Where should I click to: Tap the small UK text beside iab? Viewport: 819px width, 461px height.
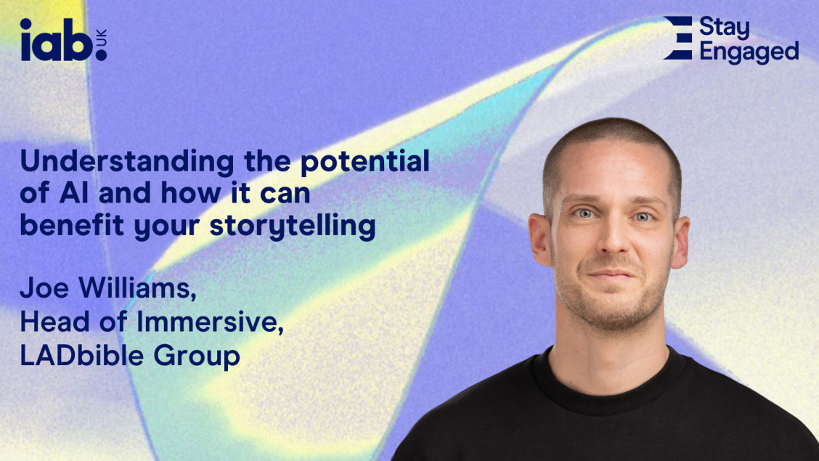coord(101,37)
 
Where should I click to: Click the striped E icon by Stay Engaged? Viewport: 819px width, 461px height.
coord(678,38)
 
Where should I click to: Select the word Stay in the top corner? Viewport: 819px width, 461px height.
coord(724,28)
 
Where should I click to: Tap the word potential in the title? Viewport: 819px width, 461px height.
coord(365,161)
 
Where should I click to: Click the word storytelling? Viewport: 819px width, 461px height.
coord(293,226)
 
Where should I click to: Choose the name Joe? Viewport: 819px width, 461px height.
coord(44,287)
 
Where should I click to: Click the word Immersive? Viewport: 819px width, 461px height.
coord(210,322)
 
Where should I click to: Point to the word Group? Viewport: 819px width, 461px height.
coord(196,356)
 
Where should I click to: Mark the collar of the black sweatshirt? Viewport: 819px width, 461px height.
coord(609,384)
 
